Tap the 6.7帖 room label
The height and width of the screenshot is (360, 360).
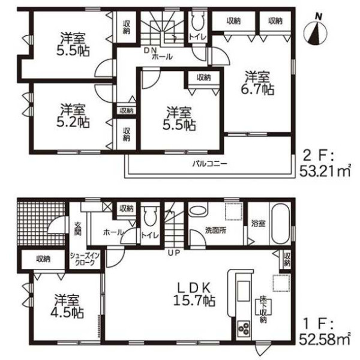[257, 83]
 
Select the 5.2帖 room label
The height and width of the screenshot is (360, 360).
[73, 116]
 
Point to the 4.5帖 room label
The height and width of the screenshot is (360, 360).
[67, 306]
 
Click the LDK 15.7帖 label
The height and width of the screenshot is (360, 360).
[194, 294]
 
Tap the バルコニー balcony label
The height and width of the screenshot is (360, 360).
[209, 164]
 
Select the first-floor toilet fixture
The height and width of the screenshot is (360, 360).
[150, 215]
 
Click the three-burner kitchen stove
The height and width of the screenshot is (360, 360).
[244, 329]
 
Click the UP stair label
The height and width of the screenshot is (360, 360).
[174, 253]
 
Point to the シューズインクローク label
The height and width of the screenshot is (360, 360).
[85, 259]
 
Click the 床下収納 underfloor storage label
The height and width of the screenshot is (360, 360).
[263, 310]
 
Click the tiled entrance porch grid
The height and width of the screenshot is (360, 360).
[40, 223]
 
